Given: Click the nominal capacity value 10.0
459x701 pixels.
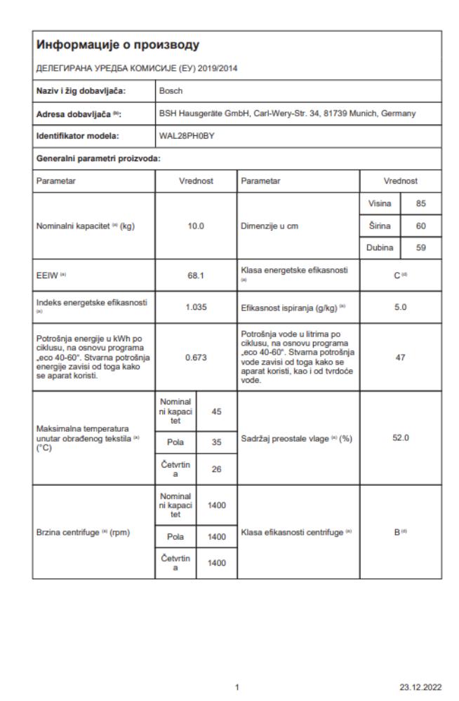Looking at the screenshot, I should point(196,226).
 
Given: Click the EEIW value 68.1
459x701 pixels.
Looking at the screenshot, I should point(196,276).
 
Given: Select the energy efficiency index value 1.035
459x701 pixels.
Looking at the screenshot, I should point(196,306).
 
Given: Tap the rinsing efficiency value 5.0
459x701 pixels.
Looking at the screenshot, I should point(401,306).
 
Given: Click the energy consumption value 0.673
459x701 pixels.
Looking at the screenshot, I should point(196,357).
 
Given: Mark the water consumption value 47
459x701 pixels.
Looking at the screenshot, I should point(401,357).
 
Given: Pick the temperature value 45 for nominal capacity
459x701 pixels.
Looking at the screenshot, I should point(217,411).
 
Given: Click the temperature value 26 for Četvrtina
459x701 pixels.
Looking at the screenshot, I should point(217,469).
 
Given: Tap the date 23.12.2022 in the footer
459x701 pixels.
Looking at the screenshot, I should point(421,687).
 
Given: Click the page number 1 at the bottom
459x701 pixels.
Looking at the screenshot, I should point(239,687).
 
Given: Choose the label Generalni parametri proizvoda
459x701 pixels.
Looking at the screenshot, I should point(98,158).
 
